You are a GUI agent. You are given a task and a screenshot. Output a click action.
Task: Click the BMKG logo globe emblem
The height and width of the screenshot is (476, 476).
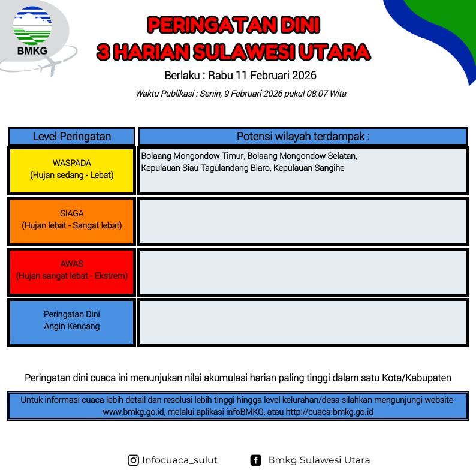click(32, 26)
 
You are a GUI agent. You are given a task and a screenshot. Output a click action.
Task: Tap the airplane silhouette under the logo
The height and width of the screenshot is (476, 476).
click(51, 67)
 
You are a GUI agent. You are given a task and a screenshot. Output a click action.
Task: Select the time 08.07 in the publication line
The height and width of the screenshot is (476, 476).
click(317, 93)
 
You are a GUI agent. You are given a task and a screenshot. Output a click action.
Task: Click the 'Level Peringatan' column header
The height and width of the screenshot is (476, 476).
click(72, 136)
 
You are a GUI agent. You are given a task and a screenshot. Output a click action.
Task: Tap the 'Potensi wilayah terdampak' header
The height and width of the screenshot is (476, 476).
click(303, 136)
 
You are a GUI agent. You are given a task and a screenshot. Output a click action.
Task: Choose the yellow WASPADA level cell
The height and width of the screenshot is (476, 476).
click(72, 171)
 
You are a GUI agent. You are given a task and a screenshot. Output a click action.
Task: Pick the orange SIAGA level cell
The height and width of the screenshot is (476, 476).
click(72, 221)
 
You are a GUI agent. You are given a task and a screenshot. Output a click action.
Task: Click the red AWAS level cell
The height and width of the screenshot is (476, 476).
click(72, 272)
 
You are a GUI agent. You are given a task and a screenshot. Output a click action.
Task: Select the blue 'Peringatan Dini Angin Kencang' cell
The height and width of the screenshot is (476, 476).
click(72, 322)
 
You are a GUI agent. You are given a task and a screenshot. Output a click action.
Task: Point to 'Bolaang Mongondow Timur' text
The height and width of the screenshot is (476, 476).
click(192, 156)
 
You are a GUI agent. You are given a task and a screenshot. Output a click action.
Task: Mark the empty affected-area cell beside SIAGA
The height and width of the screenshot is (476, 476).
click(303, 221)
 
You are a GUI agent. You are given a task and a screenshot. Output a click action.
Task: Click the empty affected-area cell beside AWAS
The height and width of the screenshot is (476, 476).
click(303, 272)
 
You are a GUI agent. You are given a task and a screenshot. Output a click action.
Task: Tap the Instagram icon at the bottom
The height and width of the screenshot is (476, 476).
click(133, 460)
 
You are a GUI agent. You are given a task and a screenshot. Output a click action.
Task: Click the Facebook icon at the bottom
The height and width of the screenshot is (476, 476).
click(255, 460)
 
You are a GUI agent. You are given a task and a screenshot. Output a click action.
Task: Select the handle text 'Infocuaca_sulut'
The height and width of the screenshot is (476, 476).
click(180, 460)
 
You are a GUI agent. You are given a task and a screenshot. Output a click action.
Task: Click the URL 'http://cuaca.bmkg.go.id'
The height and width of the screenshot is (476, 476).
click(329, 412)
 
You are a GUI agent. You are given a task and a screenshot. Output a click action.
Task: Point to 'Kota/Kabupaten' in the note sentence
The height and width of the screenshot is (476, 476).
click(417, 378)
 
